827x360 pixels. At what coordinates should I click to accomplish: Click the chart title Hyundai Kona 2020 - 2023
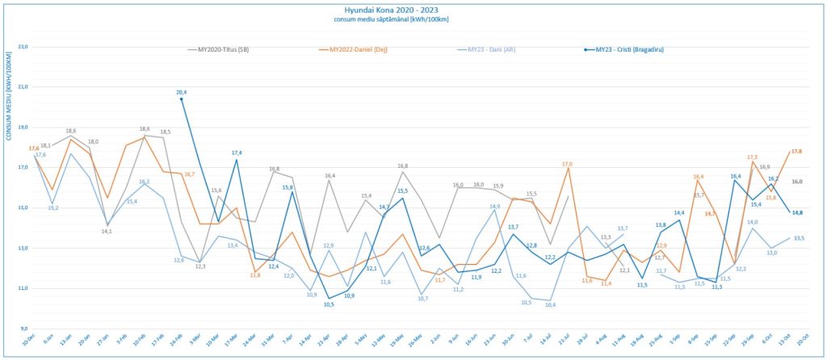click(x=413, y=8)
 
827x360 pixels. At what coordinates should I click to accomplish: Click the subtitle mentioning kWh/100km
click(x=413, y=19)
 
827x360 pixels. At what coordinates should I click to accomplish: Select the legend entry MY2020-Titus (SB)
click(x=229, y=49)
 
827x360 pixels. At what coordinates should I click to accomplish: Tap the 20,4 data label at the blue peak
click(x=182, y=92)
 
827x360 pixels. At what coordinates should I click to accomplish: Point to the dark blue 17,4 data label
click(x=237, y=153)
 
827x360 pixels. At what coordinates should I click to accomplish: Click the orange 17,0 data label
click(x=567, y=164)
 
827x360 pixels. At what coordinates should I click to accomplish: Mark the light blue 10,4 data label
click(x=550, y=304)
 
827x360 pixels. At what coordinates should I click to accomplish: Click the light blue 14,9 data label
click(x=494, y=206)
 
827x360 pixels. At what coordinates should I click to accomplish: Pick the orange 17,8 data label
click(x=796, y=151)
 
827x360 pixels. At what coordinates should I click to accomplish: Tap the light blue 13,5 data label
click(x=798, y=238)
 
